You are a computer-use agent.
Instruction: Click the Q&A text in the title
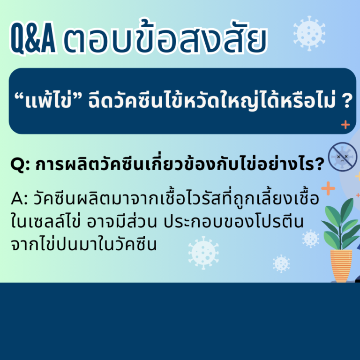(x=33, y=37)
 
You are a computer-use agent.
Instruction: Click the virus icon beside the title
(x=309, y=33)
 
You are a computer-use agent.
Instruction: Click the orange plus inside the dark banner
(x=345, y=125)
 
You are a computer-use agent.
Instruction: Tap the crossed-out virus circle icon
(x=343, y=157)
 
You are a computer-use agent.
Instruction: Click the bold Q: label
(x=20, y=165)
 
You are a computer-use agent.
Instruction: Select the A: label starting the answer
(x=19, y=199)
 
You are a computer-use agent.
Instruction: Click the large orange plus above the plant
(x=328, y=188)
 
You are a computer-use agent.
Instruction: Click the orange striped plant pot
(x=341, y=266)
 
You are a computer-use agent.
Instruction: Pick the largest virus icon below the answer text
(x=203, y=253)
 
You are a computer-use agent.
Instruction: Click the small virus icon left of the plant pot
(x=281, y=263)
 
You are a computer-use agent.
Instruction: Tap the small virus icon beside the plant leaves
(x=311, y=239)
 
